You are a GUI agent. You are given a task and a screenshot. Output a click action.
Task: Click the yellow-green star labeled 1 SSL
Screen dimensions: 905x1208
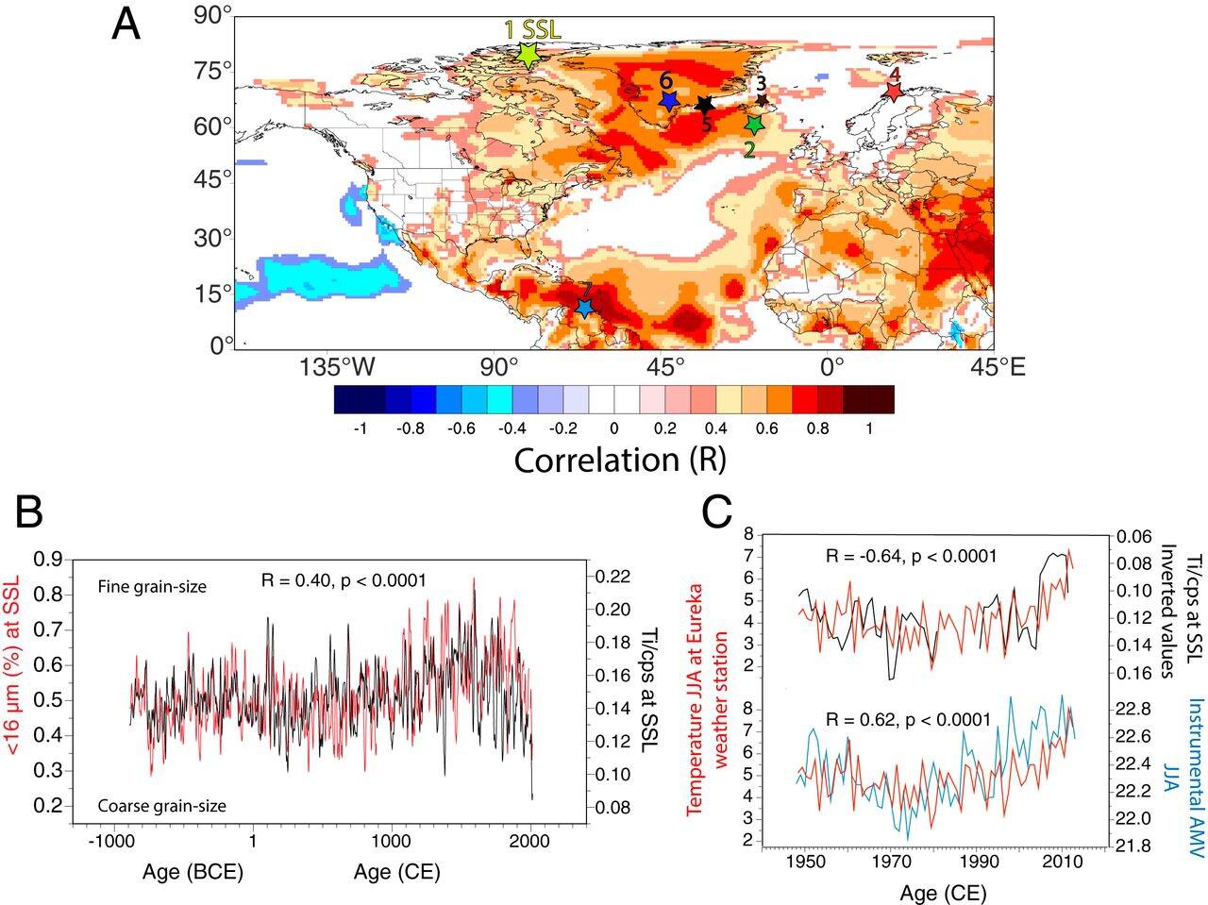click(528, 54)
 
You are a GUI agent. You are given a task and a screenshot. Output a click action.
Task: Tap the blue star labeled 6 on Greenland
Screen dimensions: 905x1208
click(669, 101)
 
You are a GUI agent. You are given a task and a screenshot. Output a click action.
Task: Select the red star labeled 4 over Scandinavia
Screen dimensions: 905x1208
click(893, 91)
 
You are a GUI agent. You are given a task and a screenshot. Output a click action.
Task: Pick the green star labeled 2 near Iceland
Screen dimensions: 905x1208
click(753, 125)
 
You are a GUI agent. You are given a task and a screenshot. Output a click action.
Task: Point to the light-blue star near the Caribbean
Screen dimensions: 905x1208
click(584, 308)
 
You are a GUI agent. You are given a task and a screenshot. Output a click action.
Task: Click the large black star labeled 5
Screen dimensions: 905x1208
click(705, 107)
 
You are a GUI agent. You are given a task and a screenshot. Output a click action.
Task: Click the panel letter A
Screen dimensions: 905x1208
click(126, 25)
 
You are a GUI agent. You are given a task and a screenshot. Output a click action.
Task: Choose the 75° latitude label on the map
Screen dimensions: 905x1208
click(214, 72)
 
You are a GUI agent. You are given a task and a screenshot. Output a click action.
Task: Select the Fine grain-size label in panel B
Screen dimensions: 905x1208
click(152, 587)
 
